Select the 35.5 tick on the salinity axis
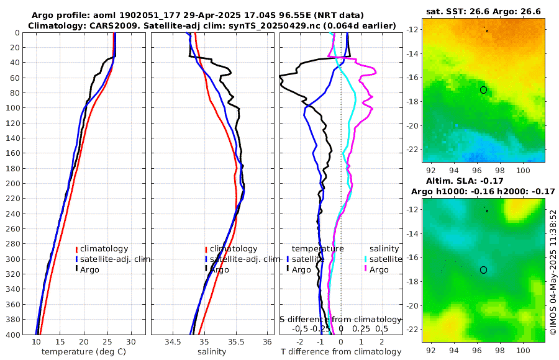pos(236,342)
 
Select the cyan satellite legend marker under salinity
pos(366,259)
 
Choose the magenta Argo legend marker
pos(366,269)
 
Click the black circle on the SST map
pos(483,90)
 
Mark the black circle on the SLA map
pos(483,270)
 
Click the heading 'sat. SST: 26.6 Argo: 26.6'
pos(483,11)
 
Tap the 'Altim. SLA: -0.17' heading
pos(483,181)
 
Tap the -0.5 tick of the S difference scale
pos(301,328)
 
